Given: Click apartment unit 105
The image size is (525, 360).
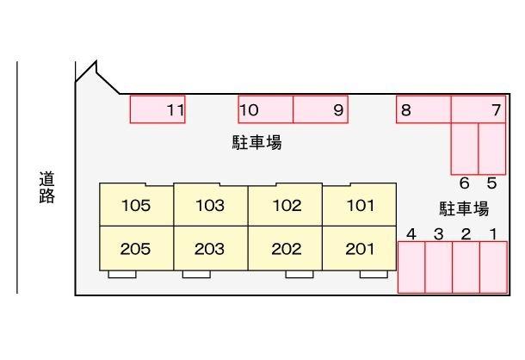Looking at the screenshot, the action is [137, 205].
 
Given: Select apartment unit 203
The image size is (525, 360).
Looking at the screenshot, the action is [211, 248].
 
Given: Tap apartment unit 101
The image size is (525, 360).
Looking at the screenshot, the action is [359, 205].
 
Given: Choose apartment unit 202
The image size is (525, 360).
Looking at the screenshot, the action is [285, 248].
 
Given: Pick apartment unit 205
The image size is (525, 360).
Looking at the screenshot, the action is [137, 248].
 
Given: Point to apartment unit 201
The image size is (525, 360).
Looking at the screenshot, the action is [359, 248].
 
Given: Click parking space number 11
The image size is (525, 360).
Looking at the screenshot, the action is [157, 109].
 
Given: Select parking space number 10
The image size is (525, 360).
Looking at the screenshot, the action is [266, 109].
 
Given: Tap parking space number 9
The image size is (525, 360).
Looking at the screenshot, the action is [320, 109].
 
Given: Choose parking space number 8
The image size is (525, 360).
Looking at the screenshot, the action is [423, 109].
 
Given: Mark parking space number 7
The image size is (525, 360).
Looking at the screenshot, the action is [479, 109].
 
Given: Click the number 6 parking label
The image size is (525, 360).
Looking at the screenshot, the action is [465, 183].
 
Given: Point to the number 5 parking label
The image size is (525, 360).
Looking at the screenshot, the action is [491, 183].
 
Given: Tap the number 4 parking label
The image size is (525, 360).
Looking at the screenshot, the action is [411, 234].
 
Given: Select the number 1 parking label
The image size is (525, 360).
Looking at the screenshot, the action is [493, 234].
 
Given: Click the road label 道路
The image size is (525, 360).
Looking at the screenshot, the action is [46, 188].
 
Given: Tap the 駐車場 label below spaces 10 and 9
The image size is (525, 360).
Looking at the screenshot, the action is [256, 142].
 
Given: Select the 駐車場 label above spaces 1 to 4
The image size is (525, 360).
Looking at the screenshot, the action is [464, 208].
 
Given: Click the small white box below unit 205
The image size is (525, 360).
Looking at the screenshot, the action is [122, 274].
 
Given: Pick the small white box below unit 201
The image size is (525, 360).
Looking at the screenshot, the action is [374, 274].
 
